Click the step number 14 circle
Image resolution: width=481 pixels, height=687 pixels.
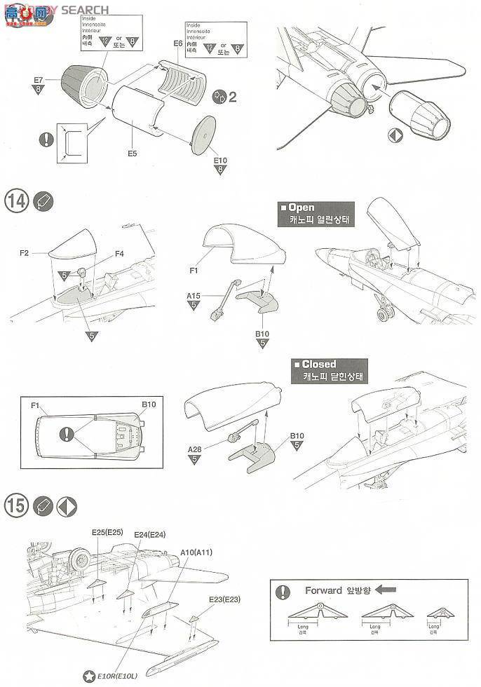17,200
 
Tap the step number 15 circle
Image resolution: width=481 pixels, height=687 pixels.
17,505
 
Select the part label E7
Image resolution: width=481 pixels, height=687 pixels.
39,80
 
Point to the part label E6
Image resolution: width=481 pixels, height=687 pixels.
177,43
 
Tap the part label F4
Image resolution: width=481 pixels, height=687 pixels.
120,253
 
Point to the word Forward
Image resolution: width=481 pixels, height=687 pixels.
323,590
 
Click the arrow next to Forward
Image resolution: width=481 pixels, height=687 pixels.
387,590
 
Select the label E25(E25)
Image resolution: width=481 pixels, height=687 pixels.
107,532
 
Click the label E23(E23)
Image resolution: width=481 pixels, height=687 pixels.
224,599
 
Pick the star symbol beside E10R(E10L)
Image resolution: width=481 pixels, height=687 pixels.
89,676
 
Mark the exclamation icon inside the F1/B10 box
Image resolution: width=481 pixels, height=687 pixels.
67,433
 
